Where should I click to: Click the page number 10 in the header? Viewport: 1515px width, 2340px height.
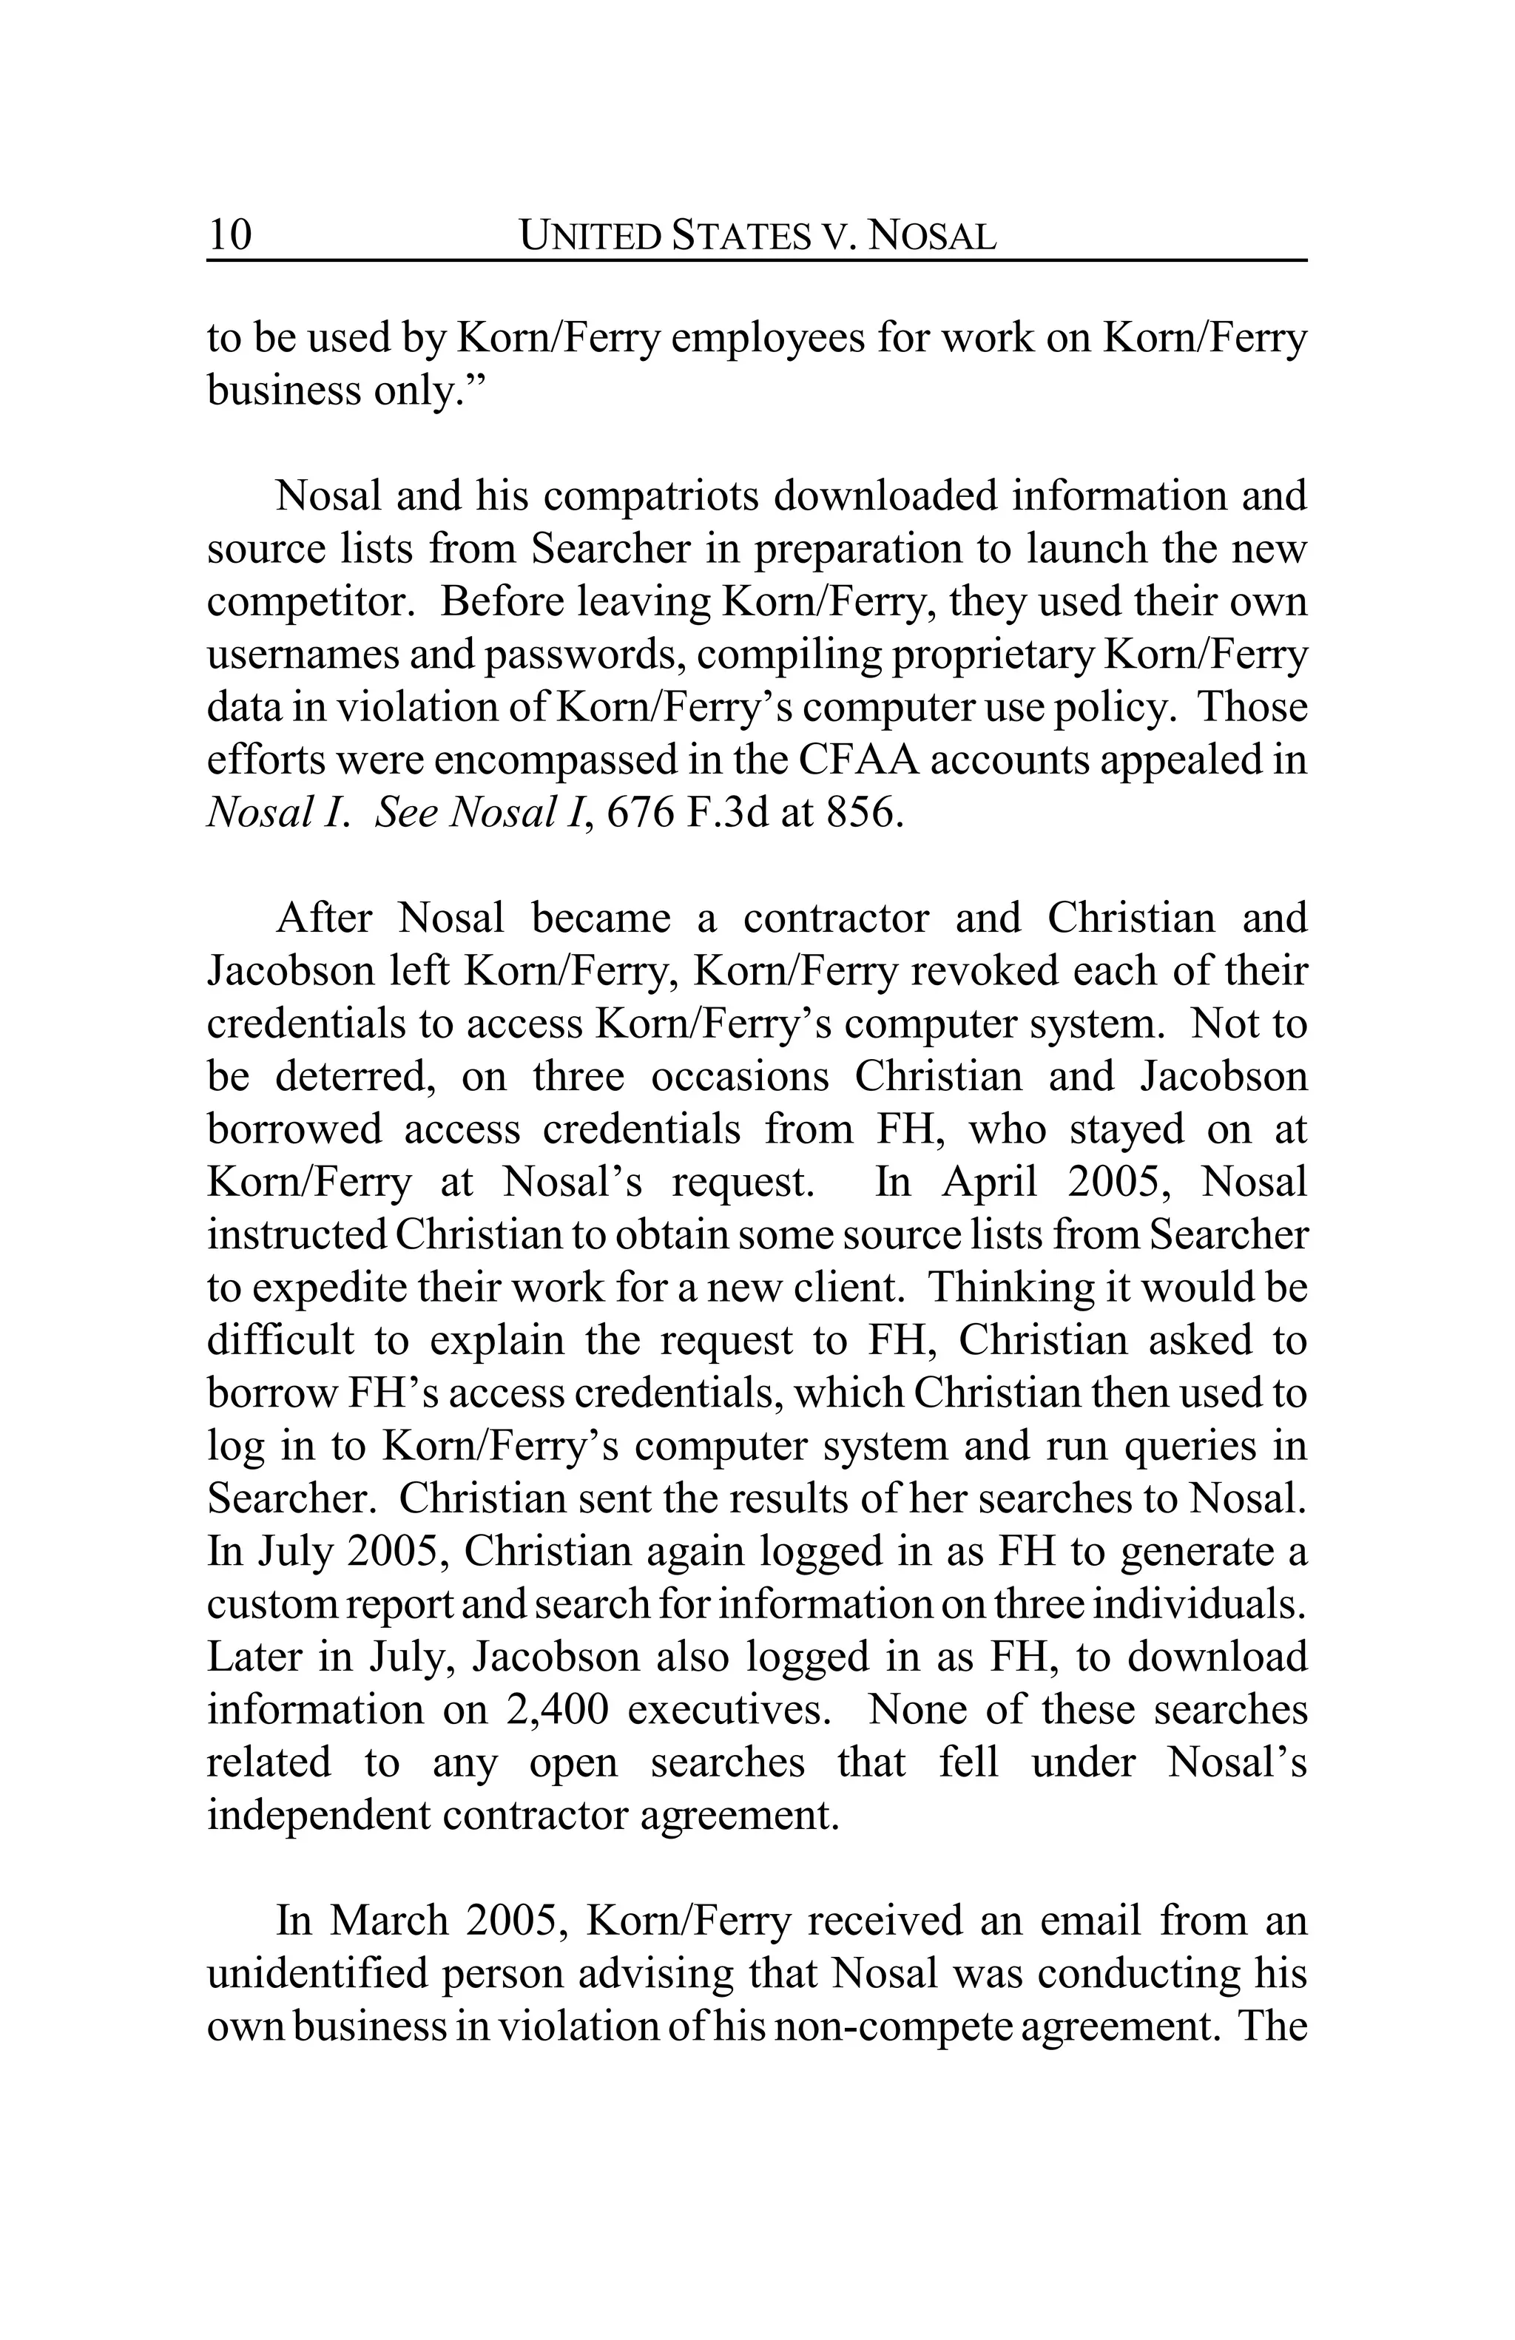pyautogui.click(x=230, y=236)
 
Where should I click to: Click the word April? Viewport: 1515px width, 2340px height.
pyautogui.click(x=989, y=1182)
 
